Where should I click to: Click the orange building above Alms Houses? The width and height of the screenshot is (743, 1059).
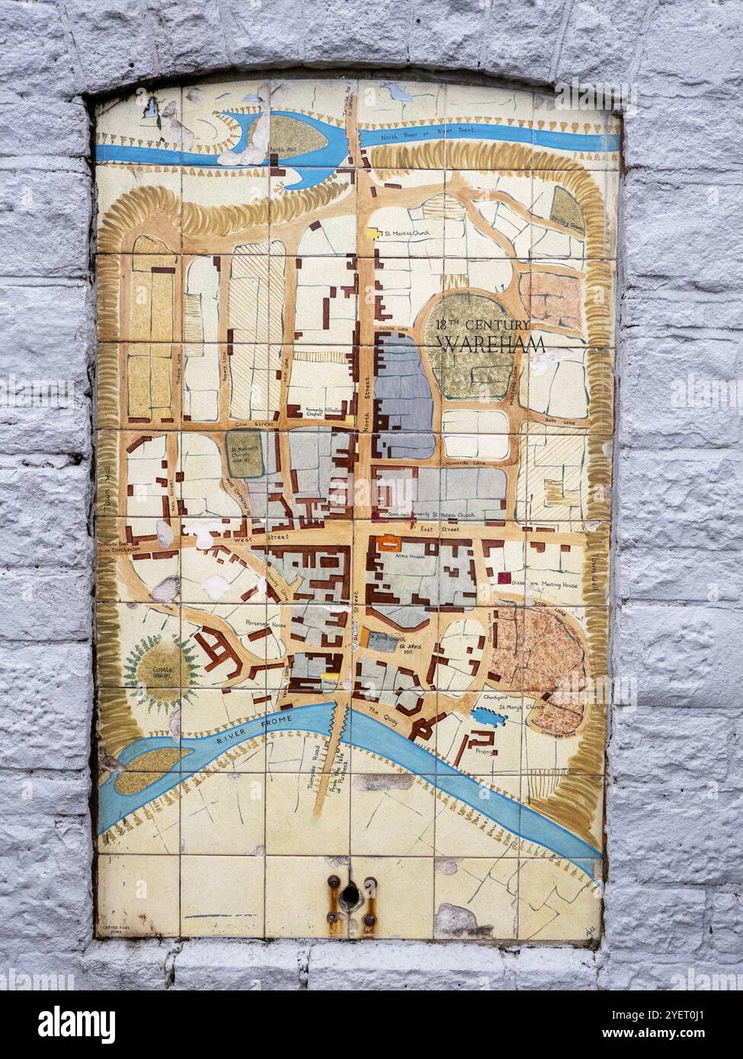tap(388, 543)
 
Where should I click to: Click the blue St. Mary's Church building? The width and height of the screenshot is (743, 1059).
tap(483, 717)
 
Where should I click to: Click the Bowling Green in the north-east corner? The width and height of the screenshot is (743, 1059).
tap(568, 208)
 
